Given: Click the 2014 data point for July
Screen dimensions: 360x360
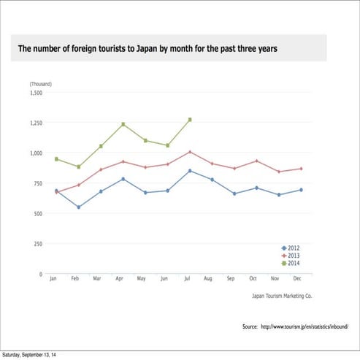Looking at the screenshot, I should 190,119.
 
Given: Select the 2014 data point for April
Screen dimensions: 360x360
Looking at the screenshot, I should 123,124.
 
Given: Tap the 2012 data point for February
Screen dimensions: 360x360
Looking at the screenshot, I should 79,207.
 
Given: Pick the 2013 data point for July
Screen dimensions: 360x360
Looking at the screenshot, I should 190,152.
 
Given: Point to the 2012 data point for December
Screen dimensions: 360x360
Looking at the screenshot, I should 301,190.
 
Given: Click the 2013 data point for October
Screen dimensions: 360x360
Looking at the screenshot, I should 256,161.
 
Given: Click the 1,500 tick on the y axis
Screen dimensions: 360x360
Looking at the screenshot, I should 37,93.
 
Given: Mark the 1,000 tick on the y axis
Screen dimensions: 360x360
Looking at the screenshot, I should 37,153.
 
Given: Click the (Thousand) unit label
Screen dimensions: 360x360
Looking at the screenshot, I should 41,85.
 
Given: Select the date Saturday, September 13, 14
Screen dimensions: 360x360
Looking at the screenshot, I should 31,355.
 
